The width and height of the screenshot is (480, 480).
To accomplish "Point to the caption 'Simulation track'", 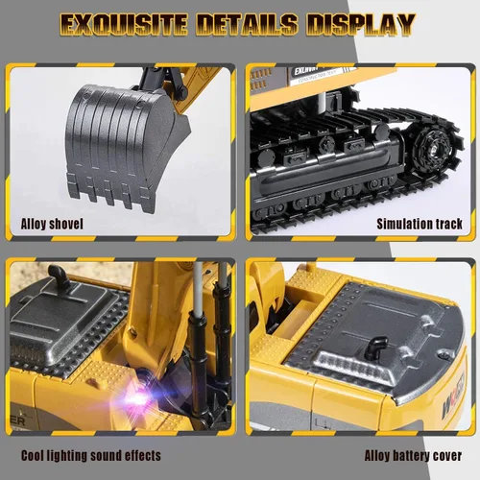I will pyautogui.click(x=419, y=224).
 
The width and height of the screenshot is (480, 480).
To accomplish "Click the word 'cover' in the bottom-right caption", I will pyautogui.click(x=447, y=455).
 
